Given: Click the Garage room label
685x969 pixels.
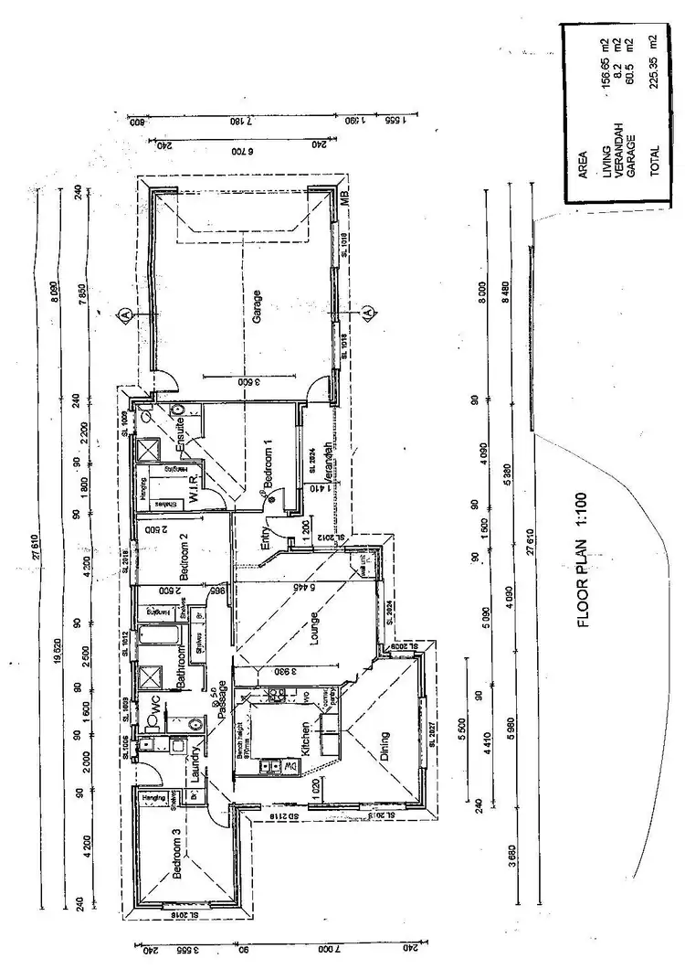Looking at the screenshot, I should click(x=258, y=302).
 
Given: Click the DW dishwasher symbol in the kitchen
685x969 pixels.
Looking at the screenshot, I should click(x=291, y=765).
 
